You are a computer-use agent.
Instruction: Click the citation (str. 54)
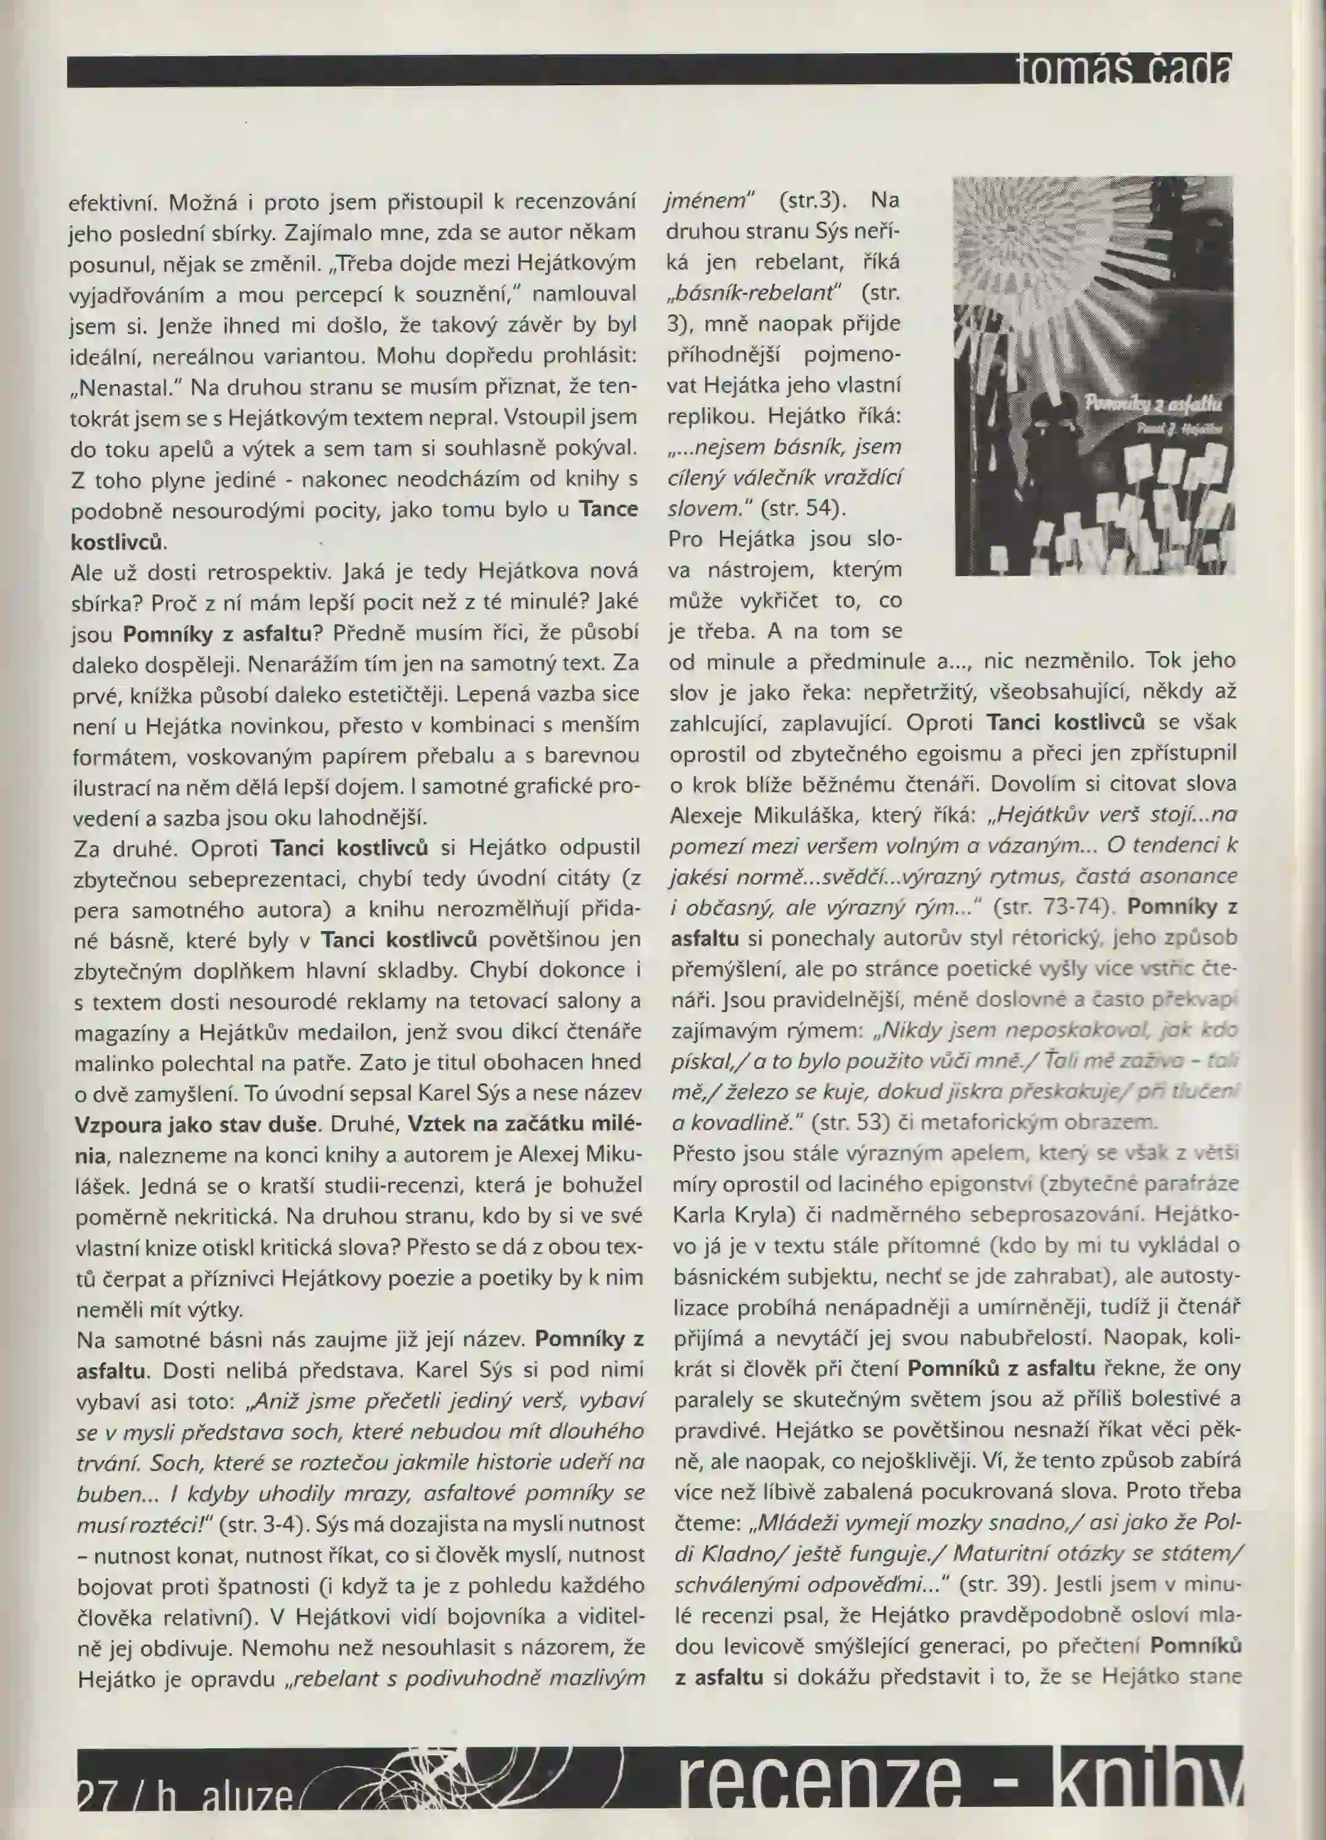coord(804,508)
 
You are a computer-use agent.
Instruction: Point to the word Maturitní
coord(1000,1551)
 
